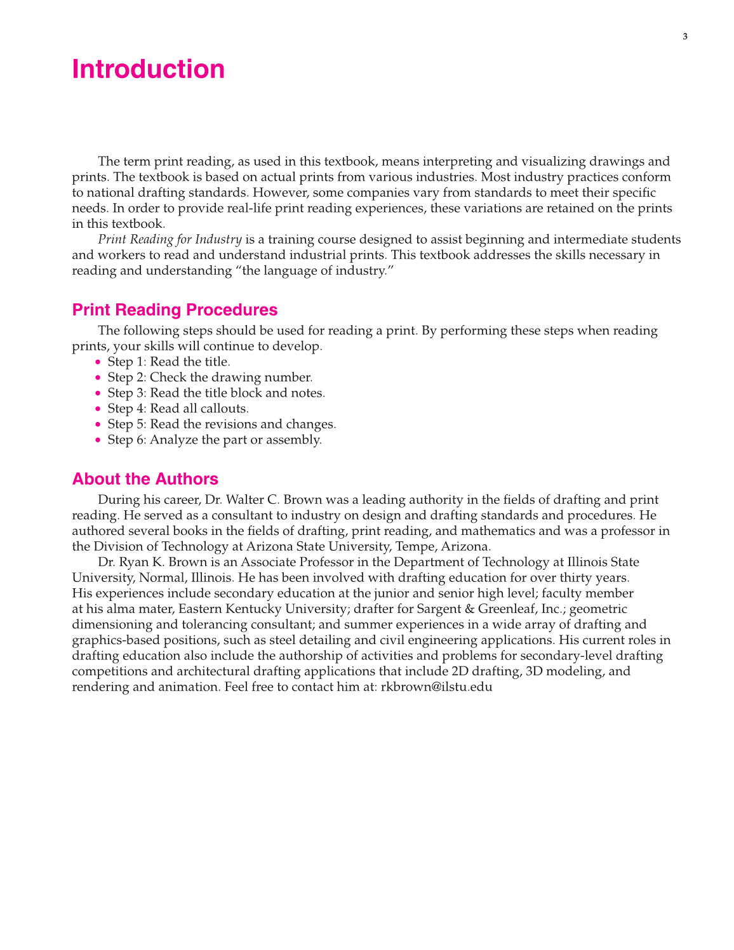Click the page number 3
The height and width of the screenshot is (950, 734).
[684, 37]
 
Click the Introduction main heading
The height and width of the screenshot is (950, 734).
[148, 69]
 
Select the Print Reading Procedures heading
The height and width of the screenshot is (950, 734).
[175, 310]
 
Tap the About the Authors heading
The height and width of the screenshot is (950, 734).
[145, 479]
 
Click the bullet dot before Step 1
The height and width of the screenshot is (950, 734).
[98, 362]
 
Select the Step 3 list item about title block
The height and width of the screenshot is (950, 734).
[216, 393]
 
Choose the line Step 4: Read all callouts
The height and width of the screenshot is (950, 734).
[178, 409]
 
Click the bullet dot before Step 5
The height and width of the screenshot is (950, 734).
[98, 425]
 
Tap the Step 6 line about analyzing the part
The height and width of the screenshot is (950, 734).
[215, 440]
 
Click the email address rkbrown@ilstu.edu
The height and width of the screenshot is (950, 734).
[436, 687]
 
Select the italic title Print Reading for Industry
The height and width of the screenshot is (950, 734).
[170, 239]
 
